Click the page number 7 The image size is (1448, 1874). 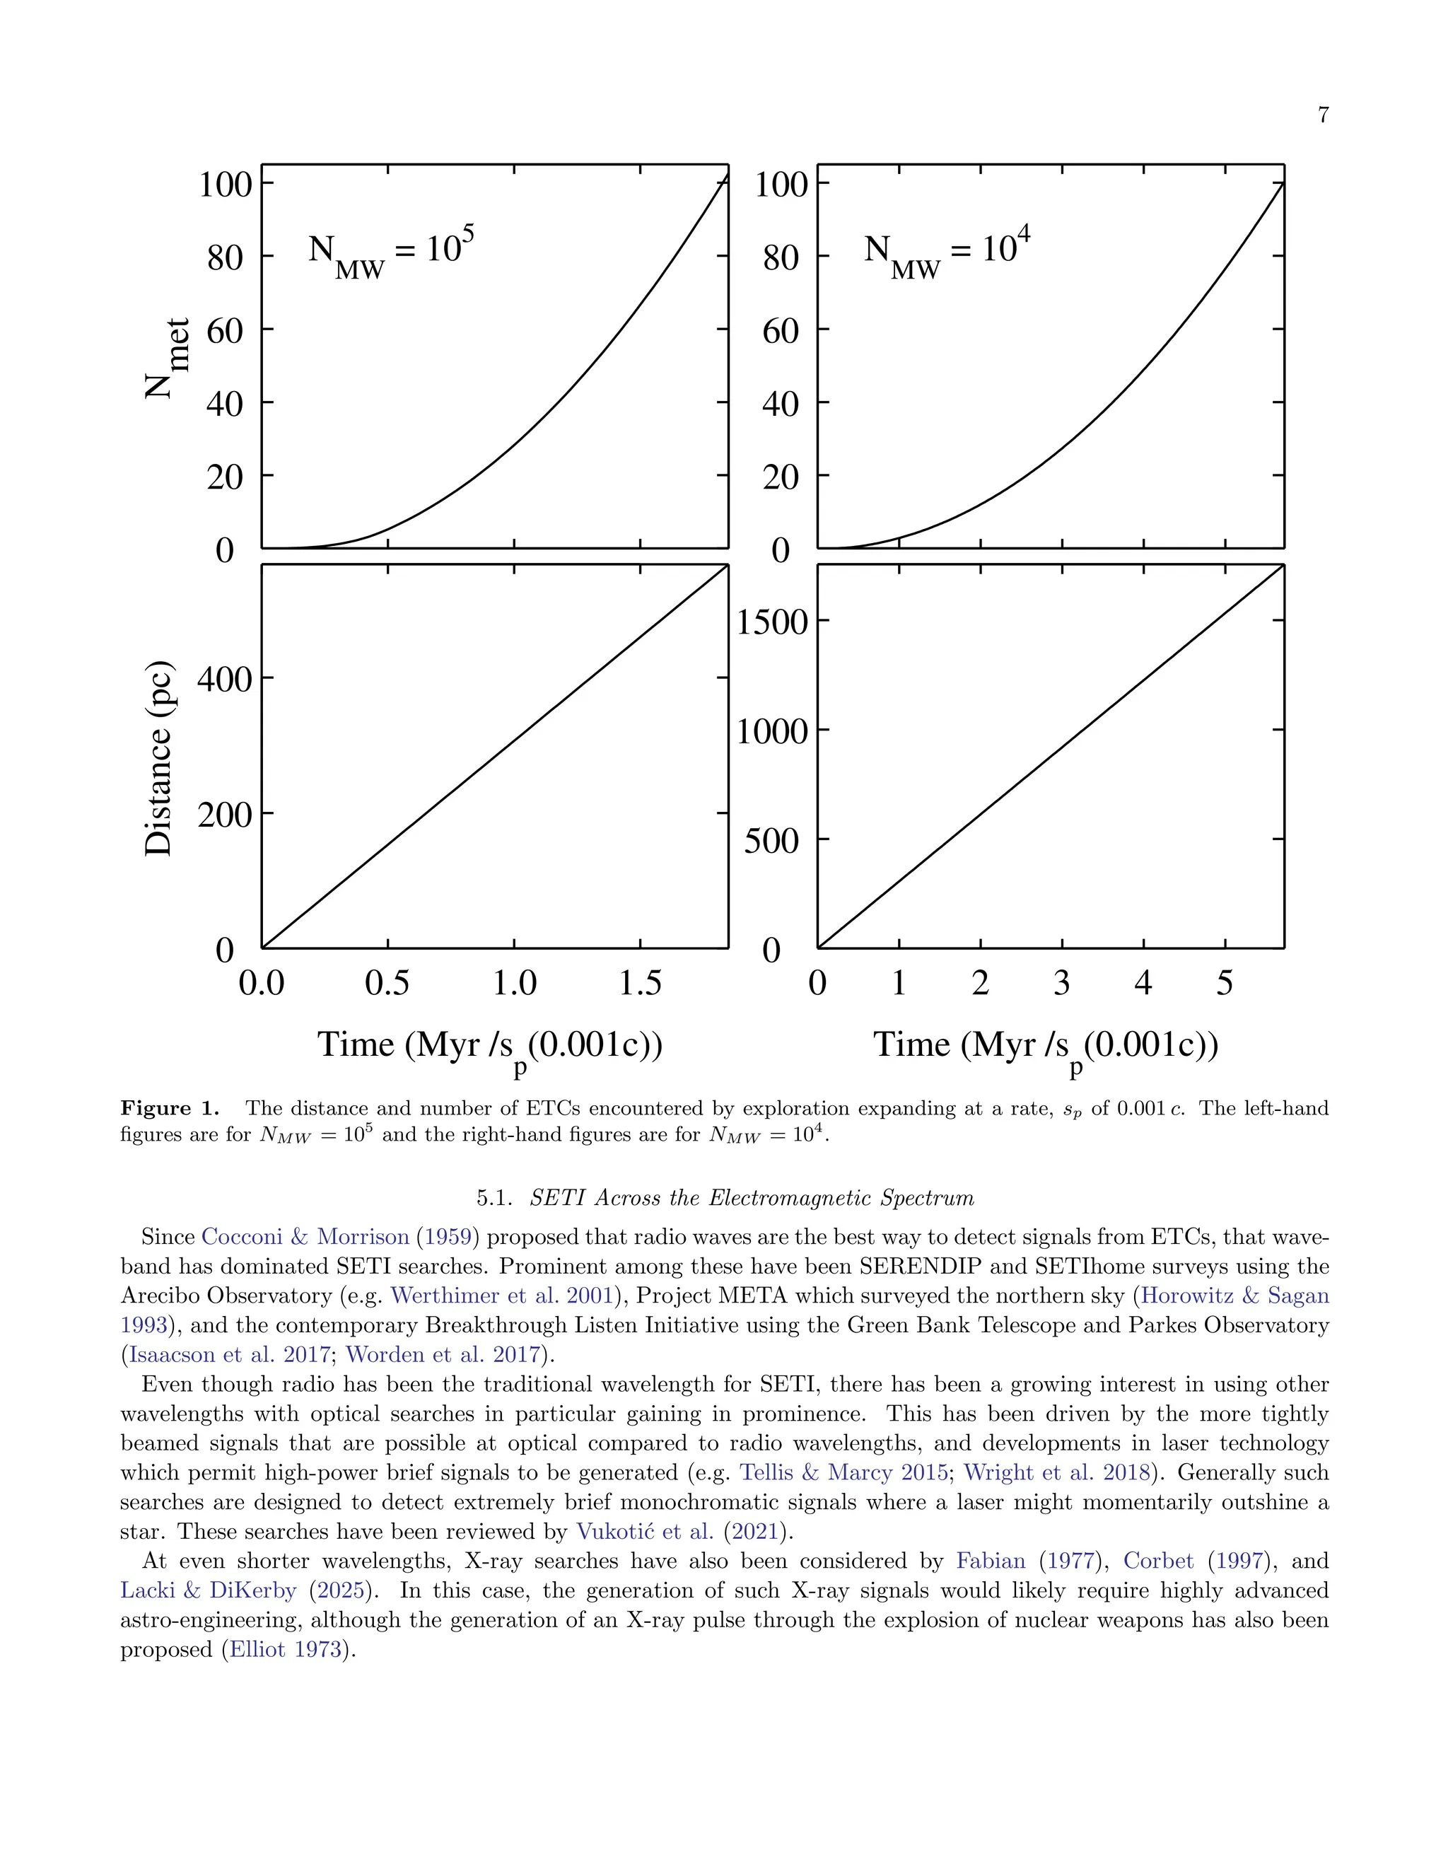point(1323,115)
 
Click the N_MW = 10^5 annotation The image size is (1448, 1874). point(390,252)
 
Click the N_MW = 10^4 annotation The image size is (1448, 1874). point(946,252)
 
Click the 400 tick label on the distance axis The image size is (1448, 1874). point(225,680)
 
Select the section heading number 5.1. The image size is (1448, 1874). point(494,1198)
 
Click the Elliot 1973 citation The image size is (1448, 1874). point(286,1649)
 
